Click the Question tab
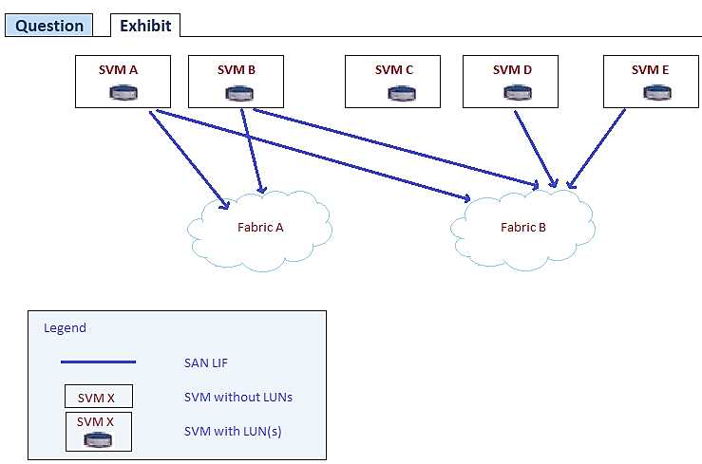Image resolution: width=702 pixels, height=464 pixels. pyautogui.click(x=49, y=26)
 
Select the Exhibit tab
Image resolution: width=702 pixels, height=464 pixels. pyautogui.click(x=145, y=26)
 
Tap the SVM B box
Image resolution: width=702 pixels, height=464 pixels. pyautogui.click(x=237, y=81)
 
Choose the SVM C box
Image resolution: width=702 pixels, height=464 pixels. pyautogui.click(x=392, y=81)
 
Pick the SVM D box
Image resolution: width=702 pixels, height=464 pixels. pyautogui.click(x=511, y=81)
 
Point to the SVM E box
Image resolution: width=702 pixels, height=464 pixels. pyautogui.click(x=651, y=81)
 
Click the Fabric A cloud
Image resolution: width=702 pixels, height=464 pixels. pyautogui.click(x=260, y=228)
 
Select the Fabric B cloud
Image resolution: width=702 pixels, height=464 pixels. pyautogui.click(x=523, y=228)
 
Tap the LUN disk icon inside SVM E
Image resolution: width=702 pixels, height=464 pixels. pyautogui.click(x=653, y=93)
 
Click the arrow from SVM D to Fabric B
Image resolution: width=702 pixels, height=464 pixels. pyautogui.click(x=534, y=147)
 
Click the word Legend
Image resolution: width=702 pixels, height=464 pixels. pyautogui.click(x=65, y=328)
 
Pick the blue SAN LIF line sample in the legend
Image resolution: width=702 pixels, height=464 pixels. pyautogui.click(x=98, y=362)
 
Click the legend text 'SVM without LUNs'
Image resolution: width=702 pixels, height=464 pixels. pyautogui.click(x=238, y=397)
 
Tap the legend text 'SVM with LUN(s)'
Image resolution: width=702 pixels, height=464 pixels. pyautogui.click(x=233, y=432)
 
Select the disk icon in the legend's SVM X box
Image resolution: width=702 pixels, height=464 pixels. pyautogui.click(x=98, y=439)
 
